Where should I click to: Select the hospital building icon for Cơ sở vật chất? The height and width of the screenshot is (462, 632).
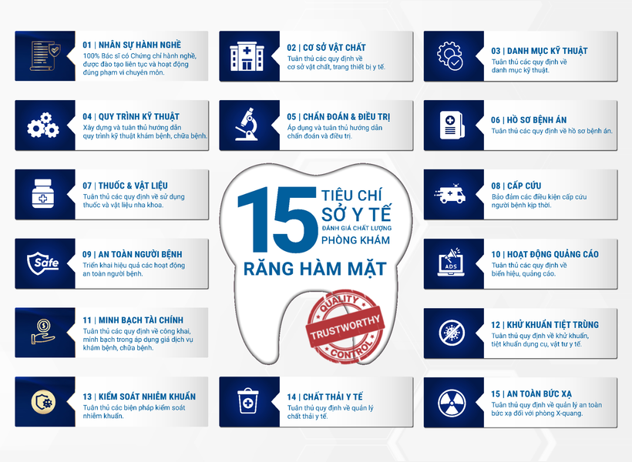(244, 55)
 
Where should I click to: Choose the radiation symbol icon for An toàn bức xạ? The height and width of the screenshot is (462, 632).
(449, 401)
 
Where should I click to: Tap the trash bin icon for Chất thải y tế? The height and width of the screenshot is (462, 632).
(244, 401)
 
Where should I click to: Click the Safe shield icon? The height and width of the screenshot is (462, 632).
(42, 263)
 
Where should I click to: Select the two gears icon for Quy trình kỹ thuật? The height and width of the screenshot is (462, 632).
(42, 125)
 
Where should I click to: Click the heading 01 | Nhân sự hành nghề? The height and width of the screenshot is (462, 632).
(132, 44)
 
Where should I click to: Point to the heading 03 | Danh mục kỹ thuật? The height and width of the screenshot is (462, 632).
(539, 51)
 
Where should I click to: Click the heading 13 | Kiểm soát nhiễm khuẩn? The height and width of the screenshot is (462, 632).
(139, 397)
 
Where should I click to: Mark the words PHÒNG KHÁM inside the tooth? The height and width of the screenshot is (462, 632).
(355, 240)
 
